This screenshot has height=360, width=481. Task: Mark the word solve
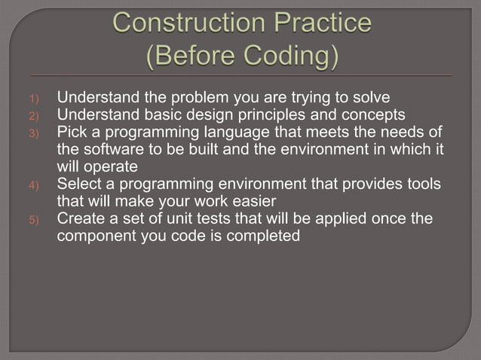(x=370, y=98)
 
